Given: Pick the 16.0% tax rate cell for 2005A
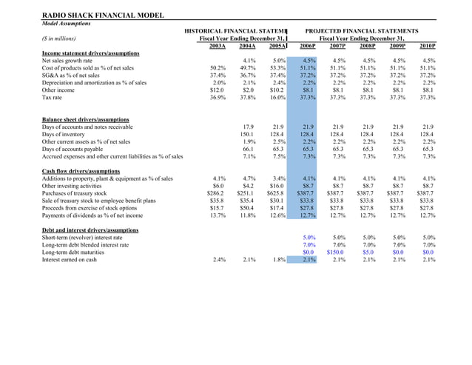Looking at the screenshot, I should coord(277,97).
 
